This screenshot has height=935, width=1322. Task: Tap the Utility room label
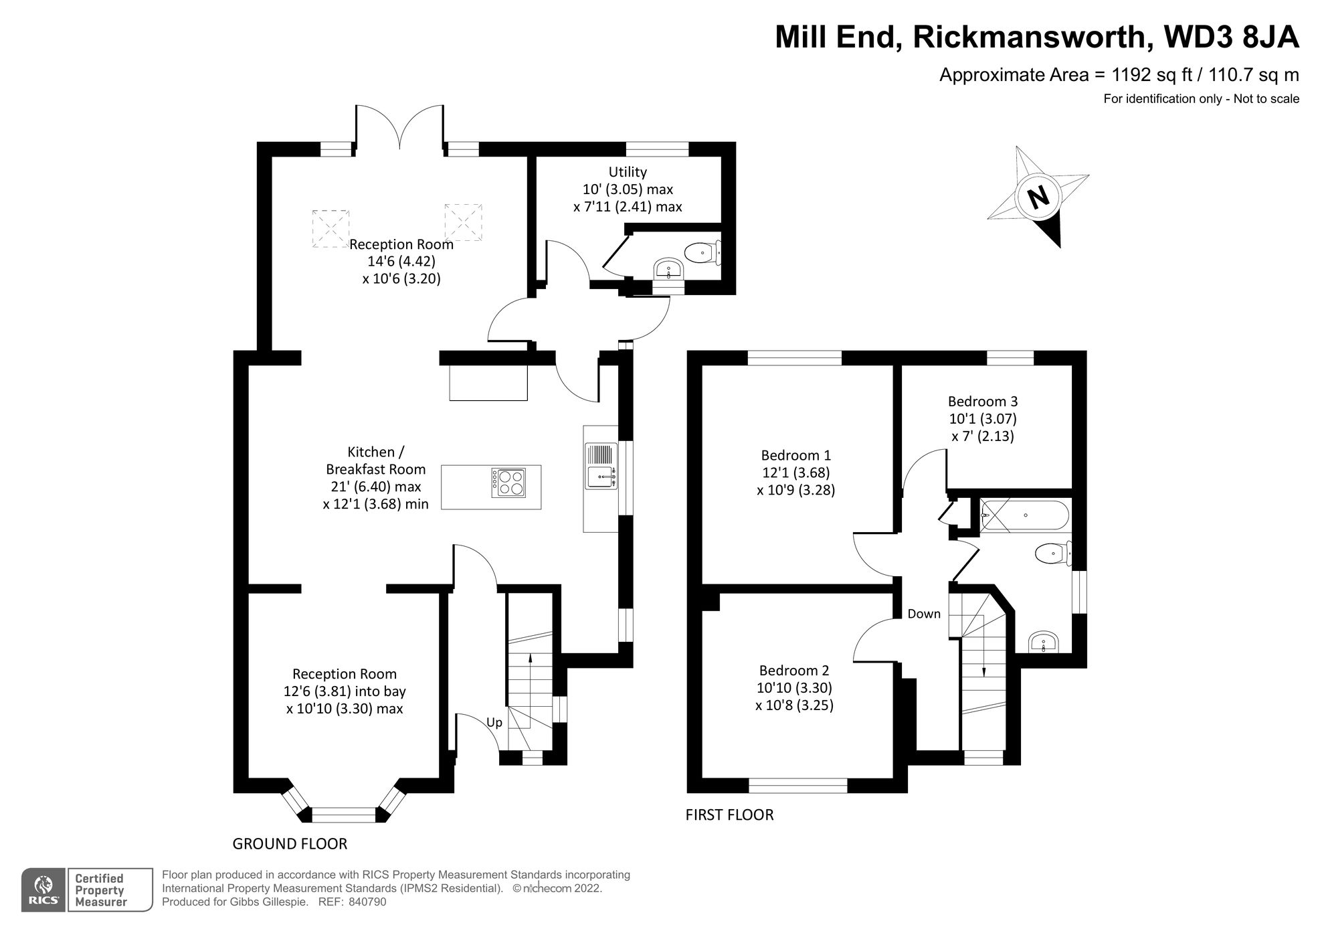pyautogui.click(x=628, y=172)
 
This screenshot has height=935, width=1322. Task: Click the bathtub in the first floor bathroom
pyautogui.click(x=1024, y=515)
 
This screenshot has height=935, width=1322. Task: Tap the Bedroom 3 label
pyautogui.click(x=982, y=402)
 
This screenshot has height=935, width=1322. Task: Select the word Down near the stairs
pyautogui.click(x=923, y=614)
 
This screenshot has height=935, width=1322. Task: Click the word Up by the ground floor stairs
pyautogui.click(x=494, y=723)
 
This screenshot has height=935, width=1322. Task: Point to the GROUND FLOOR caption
pyautogui.click(x=290, y=844)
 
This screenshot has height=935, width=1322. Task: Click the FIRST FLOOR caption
pyautogui.click(x=729, y=815)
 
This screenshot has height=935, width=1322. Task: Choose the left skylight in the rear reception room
pyautogui.click(x=330, y=227)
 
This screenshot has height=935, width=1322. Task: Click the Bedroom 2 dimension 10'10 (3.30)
pyautogui.click(x=795, y=687)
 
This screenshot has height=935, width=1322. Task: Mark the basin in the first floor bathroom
pyautogui.click(x=1043, y=643)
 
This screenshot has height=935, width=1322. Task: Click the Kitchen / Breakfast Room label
pyautogui.click(x=375, y=460)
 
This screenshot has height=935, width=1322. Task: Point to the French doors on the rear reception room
pyautogui.click(x=399, y=127)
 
